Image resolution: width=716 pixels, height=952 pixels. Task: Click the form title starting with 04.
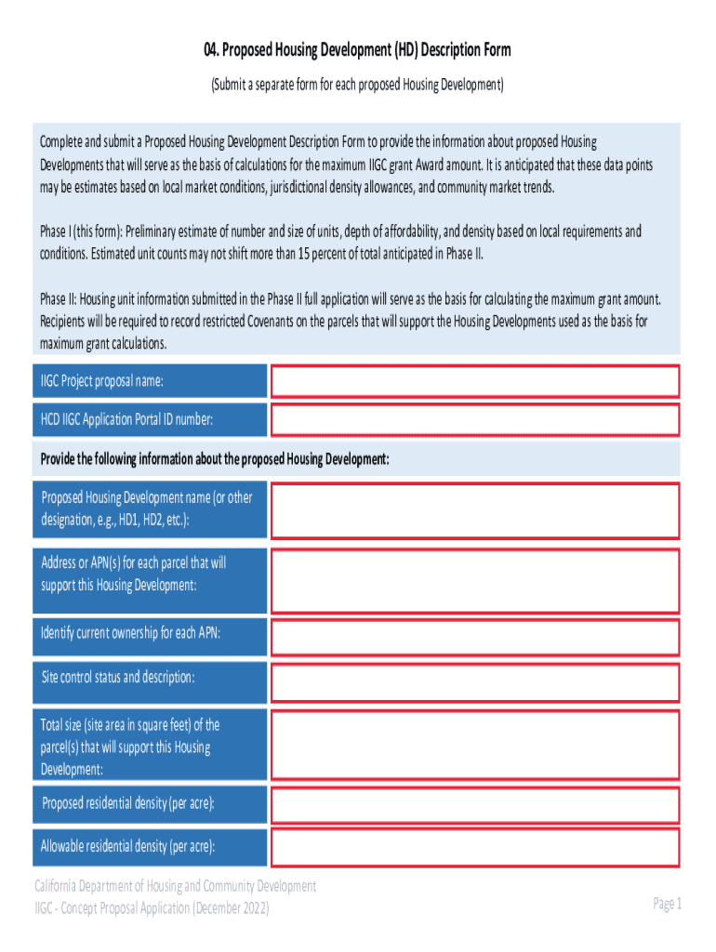click(x=357, y=49)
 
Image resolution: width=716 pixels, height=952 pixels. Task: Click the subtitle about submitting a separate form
click(x=357, y=85)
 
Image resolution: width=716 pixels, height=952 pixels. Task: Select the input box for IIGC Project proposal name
click(x=474, y=381)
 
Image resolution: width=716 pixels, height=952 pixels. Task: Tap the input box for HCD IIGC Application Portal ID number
click(x=474, y=420)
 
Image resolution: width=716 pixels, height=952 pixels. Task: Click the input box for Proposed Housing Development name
click(x=474, y=509)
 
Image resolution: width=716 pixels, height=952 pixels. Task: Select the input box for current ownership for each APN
click(x=474, y=637)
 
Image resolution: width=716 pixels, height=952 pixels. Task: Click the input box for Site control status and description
click(x=474, y=680)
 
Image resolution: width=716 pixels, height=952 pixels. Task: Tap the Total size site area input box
click(x=474, y=746)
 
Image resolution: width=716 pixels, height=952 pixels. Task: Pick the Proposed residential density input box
click(x=474, y=804)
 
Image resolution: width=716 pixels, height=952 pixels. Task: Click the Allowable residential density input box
click(x=474, y=847)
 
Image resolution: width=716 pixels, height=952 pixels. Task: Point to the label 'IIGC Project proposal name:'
click(x=102, y=381)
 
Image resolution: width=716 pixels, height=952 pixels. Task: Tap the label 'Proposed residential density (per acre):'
click(x=128, y=803)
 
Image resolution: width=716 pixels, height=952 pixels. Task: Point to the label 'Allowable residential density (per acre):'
click(x=128, y=847)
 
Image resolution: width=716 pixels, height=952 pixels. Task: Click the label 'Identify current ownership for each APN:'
click(x=130, y=634)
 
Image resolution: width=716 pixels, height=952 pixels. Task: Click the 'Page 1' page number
click(x=667, y=904)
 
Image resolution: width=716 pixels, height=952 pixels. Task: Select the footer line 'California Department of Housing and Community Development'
click(x=176, y=886)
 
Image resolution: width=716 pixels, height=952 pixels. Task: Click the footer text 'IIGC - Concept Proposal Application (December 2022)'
click(x=152, y=908)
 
